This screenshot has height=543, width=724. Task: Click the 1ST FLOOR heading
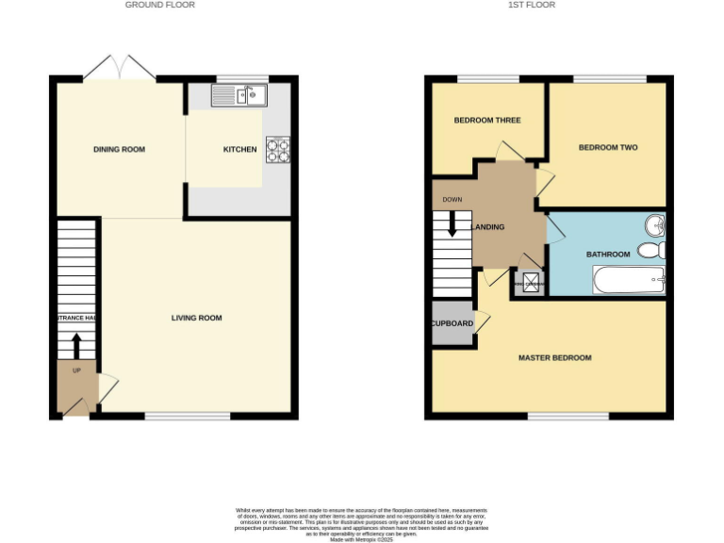532,5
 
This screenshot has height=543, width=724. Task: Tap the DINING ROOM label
119,149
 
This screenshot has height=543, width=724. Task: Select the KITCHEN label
239,149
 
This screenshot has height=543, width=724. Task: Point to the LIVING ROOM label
197,318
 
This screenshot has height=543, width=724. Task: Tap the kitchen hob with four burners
277,150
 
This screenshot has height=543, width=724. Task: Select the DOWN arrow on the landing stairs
452,223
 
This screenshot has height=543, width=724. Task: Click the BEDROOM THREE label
487,120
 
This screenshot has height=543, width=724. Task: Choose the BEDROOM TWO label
608,147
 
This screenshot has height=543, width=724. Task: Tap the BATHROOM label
608,255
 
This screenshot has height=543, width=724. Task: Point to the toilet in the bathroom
651,250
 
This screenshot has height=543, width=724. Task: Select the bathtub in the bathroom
629,280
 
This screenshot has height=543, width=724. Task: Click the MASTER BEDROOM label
555,357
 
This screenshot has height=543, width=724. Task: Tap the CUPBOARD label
452,323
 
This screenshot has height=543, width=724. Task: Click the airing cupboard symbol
530,282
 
